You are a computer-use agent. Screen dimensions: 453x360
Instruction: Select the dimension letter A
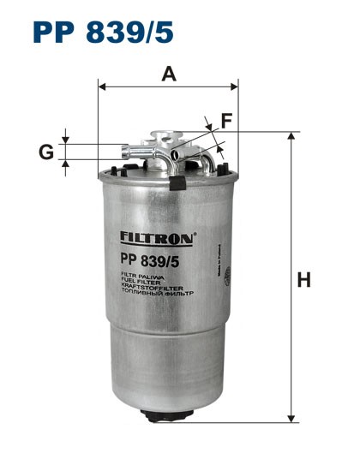pyautogui.click(x=169, y=75)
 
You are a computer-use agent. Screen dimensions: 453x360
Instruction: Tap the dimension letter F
pyautogui.click(x=225, y=122)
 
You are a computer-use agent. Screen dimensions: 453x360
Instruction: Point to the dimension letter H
pyautogui.click(x=303, y=279)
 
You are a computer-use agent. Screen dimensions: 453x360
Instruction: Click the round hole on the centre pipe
pyautogui.click(x=175, y=154)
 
